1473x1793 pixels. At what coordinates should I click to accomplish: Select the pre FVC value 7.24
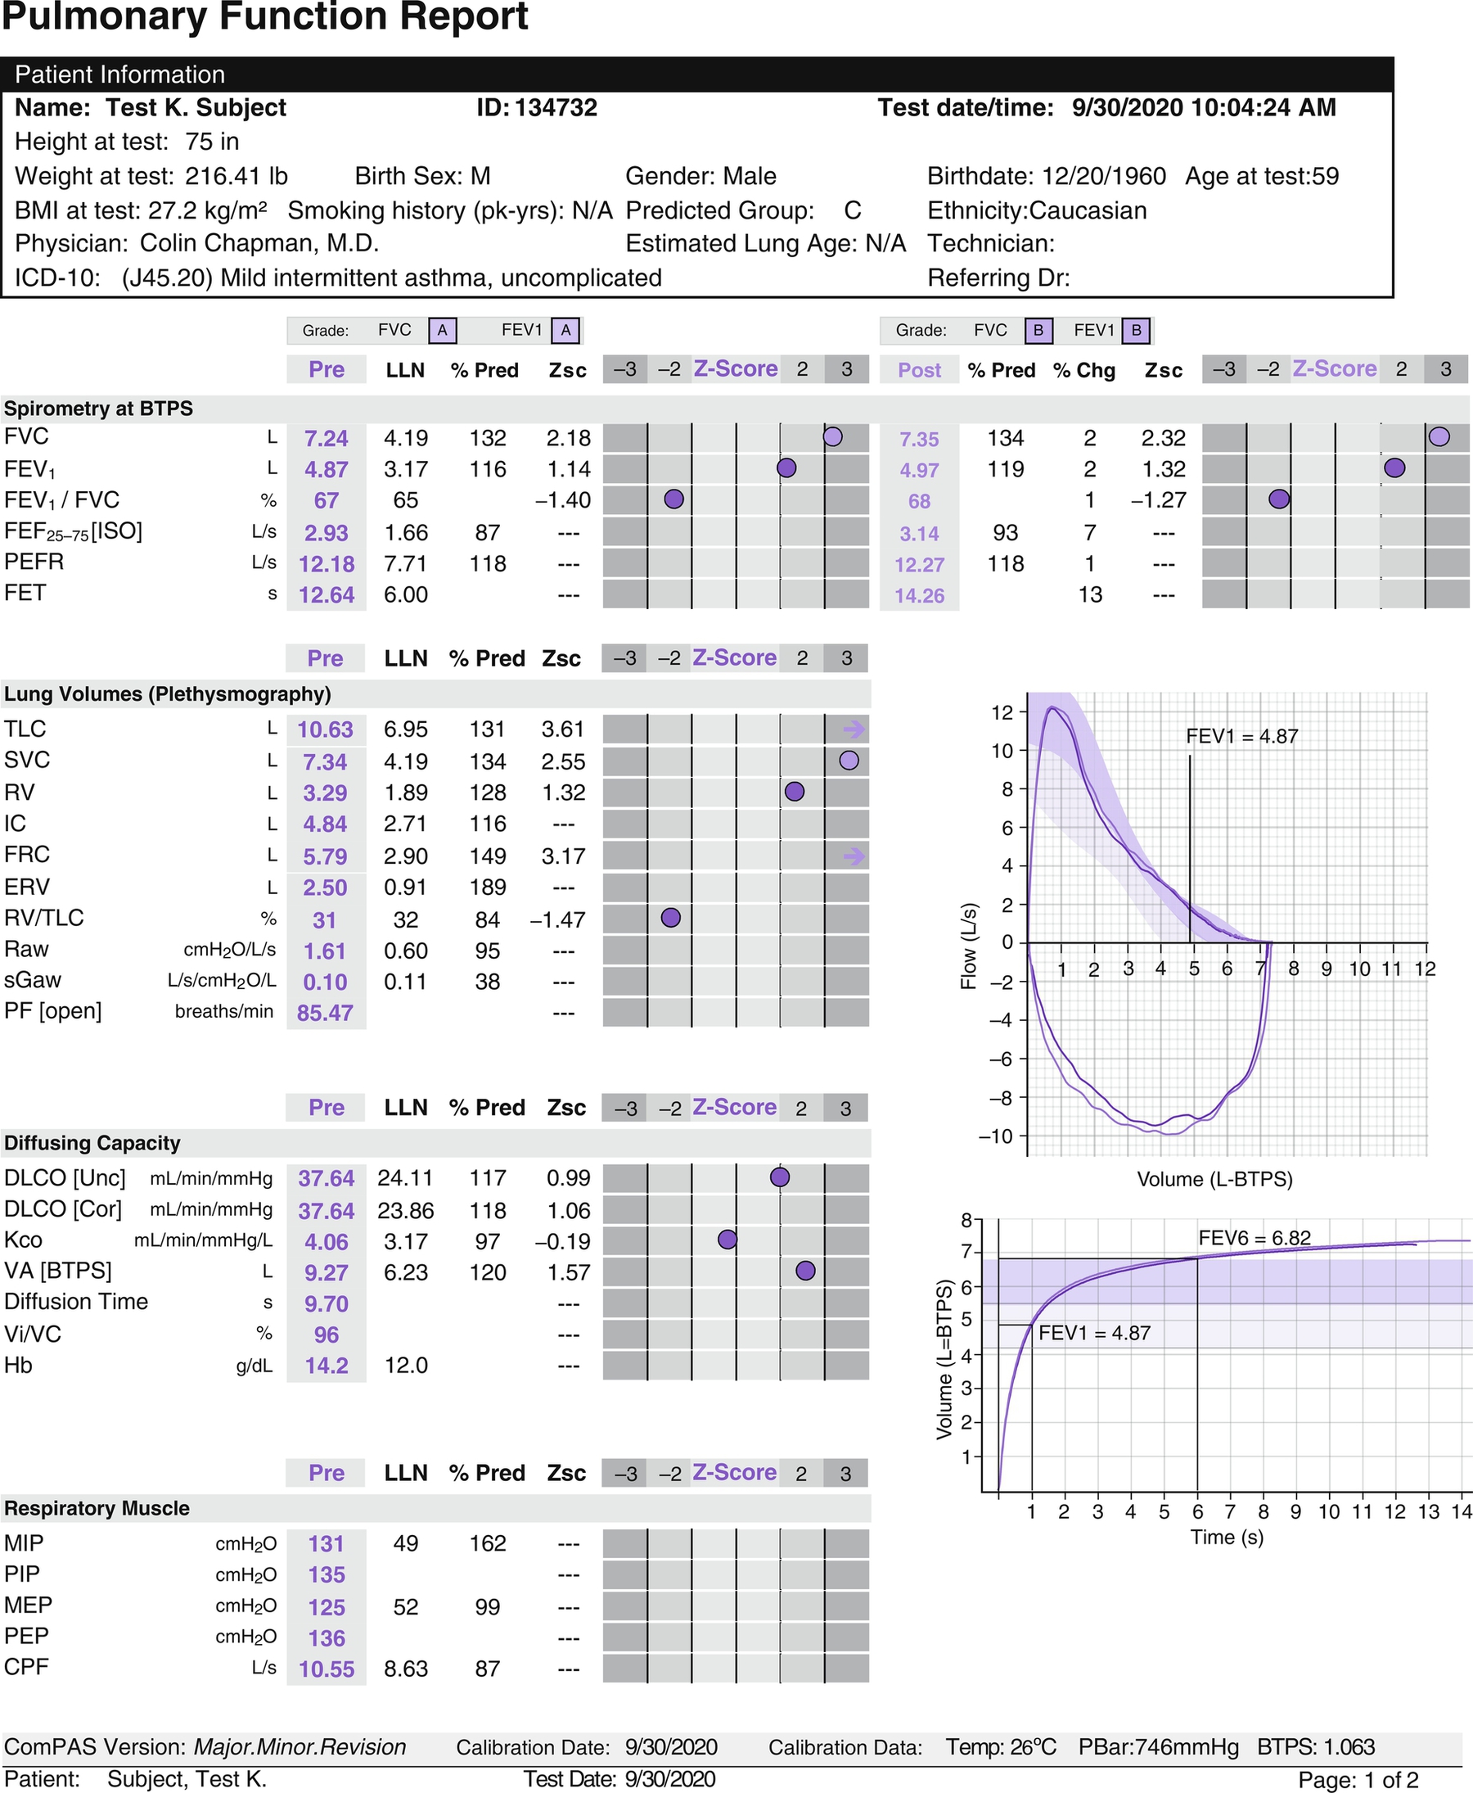(326, 438)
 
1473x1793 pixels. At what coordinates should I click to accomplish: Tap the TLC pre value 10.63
(325, 729)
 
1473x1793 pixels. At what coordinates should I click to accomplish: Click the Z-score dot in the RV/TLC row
(670, 918)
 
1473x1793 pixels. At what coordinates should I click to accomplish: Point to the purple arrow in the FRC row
(854, 856)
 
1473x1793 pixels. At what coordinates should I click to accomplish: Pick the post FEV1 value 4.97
(919, 470)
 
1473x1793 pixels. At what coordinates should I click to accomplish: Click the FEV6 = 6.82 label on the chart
(1254, 1238)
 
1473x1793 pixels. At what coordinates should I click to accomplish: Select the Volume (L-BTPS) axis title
(1214, 1179)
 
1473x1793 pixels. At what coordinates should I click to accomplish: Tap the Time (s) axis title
(1226, 1537)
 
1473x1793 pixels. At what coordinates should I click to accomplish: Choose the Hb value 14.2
(327, 1365)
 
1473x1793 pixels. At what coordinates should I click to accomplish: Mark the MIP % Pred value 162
(488, 1543)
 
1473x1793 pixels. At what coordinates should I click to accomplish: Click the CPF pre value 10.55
(327, 1669)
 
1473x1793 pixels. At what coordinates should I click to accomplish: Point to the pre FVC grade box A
(442, 330)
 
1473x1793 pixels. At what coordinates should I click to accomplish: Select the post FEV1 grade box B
(1136, 330)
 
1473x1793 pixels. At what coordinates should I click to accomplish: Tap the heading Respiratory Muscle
(97, 1509)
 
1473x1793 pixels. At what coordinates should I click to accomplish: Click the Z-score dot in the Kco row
(727, 1240)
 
